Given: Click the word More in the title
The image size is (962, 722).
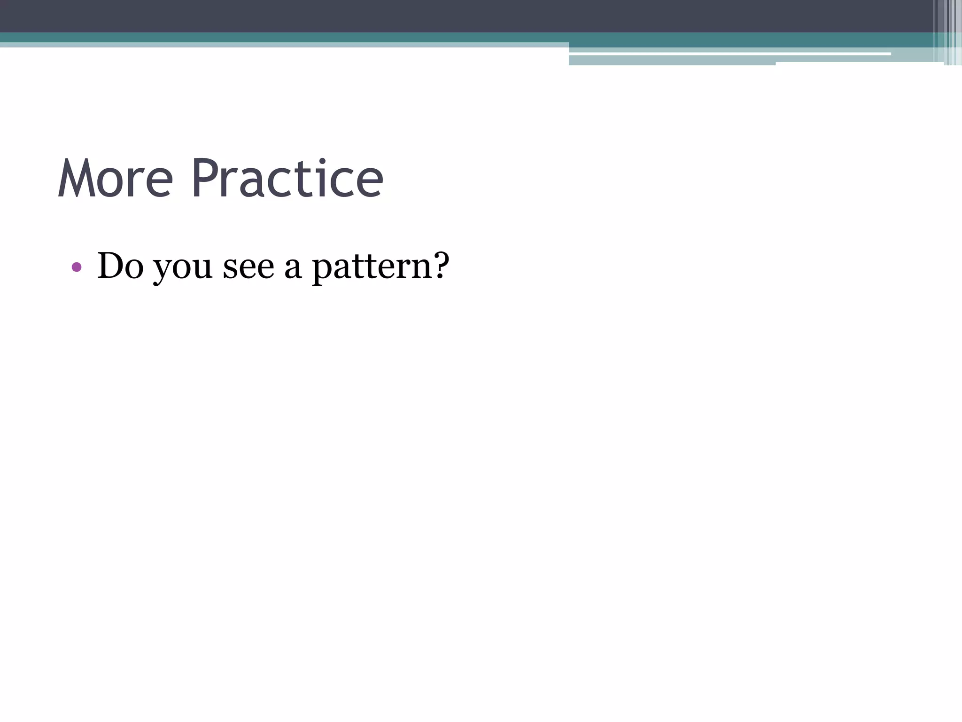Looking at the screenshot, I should (x=115, y=179).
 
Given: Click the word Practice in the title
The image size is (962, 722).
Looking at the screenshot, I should (x=287, y=179).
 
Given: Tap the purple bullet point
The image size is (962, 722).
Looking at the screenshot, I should (x=77, y=267).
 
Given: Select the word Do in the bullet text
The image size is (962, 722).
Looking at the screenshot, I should (x=120, y=266).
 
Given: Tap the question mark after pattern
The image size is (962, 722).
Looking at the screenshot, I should (x=440, y=266).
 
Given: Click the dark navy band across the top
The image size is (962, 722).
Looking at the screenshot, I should (x=423, y=16).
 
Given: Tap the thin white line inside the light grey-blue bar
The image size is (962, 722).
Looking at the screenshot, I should (x=728, y=54).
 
